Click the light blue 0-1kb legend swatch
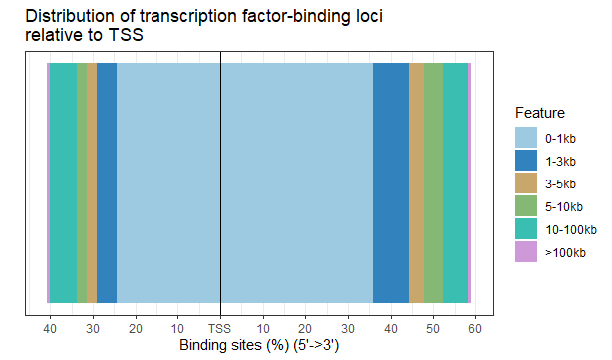coord(525,138)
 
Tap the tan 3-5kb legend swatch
coord(525,183)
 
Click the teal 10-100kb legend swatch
coord(525,229)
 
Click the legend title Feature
coord(540,113)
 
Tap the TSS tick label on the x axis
coord(219,328)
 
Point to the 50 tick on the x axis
coord(433,328)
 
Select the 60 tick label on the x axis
coord(475,328)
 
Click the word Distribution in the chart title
coord(69,17)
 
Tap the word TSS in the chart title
coord(127,37)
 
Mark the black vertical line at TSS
coord(220,180)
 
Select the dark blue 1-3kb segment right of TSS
coord(390,180)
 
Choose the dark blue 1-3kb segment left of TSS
coord(107,180)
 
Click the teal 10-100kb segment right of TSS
coord(455,180)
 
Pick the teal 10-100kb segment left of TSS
coord(63,180)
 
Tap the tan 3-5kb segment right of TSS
coord(416,180)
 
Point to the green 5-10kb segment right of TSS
coord(433,180)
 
